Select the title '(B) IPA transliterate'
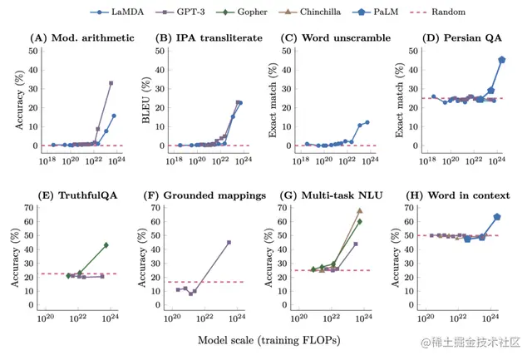[204, 39]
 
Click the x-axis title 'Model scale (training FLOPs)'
[268, 340]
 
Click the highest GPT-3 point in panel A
[111, 83]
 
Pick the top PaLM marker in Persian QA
[501, 60]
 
